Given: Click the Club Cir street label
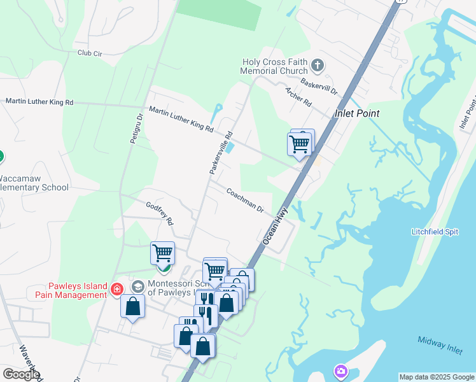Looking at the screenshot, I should pyautogui.click(x=90, y=53).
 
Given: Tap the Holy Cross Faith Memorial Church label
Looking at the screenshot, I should pyautogui.click(x=274, y=67).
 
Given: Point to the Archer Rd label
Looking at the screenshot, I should pyautogui.click(x=298, y=97).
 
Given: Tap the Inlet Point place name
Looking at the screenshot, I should pyautogui.click(x=357, y=113).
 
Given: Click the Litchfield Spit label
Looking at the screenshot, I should pyautogui.click(x=435, y=232).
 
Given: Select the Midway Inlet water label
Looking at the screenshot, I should pyautogui.click(x=440, y=342).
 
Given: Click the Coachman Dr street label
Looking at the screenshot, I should pyautogui.click(x=245, y=200).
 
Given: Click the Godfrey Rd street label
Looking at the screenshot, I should pyautogui.click(x=160, y=214).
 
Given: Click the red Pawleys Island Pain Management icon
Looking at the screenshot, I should pyautogui.click(x=117, y=290).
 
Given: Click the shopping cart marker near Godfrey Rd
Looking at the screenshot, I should pyautogui.click(x=162, y=253).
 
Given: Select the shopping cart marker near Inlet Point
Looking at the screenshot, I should pyautogui.click(x=300, y=143).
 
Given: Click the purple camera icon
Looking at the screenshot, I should pyautogui.click(x=341, y=371).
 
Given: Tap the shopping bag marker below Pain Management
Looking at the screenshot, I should pyautogui.click(x=132, y=306).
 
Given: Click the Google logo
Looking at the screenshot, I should pyautogui.click(x=21, y=374).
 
